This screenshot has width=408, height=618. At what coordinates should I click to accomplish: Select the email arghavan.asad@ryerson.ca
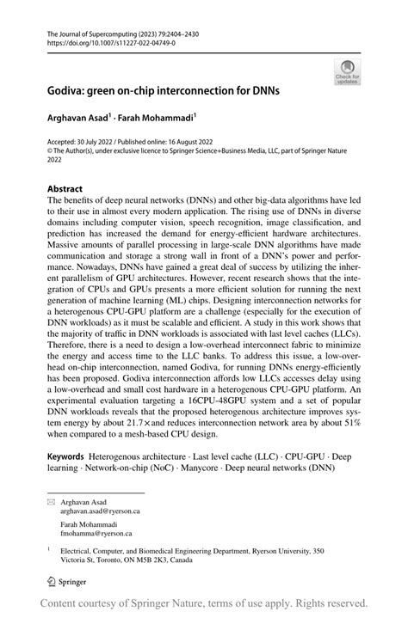point(100,510)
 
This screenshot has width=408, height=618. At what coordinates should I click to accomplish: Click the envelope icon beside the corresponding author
point(50,500)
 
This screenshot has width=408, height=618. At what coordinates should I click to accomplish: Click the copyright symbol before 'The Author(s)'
point(50,149)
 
